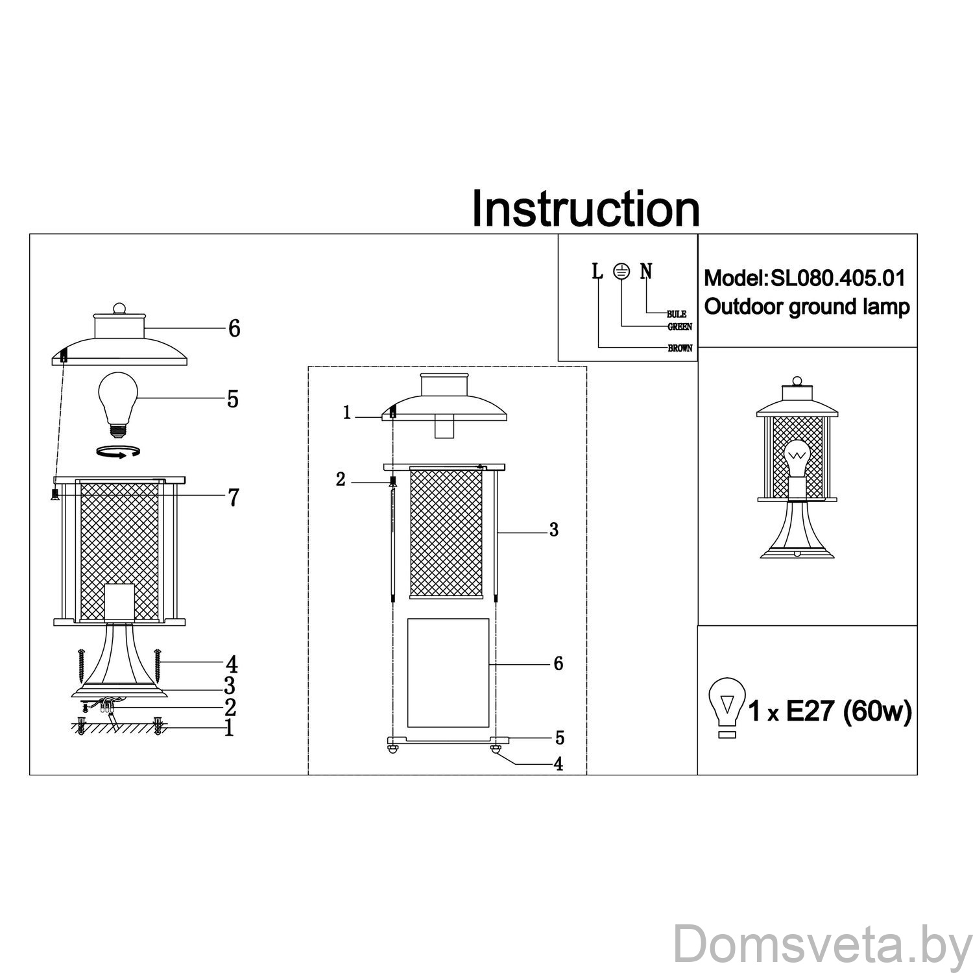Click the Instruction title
pos(585,208)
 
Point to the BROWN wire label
pos(680,348)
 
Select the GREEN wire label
pos(679,327)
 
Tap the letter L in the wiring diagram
pos(597,271)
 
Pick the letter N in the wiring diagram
pos(646,271)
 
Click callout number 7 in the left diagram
pos(233,498)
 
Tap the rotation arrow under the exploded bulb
pos(117,452)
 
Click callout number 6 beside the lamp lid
pos(234,329)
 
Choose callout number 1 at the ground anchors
pos(228,728)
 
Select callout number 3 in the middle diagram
pos(553,530)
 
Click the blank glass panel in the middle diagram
pos(448,673)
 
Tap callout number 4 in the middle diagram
pos(558,764)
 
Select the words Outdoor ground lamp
pos(807,307)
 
